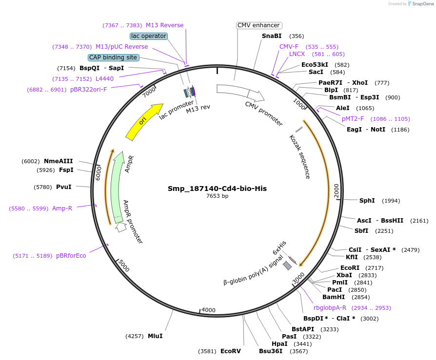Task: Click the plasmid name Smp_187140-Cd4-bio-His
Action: click(x=217, y=188)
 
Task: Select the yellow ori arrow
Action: click(x=144, y=121)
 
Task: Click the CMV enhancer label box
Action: click(x=259, y=25)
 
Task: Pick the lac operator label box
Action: click(x=149, y=36)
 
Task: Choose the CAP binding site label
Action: click(x=114, y=57)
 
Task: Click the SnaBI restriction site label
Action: click(x=271, y=36)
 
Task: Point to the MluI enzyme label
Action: click(x=155, y=336)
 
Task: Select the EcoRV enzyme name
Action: click(x=231, y=351)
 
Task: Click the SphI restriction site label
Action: click(x=367, y=200)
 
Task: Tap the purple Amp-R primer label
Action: click(x=62, y=208)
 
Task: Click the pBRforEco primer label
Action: click(x=71, y=256)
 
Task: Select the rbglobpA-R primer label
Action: click(x=330, y=307)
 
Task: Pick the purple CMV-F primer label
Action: click(x=289, y=46)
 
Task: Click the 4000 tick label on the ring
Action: click(x=208, y=310)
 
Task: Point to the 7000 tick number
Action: click(x=149, y=91)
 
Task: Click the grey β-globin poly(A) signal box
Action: click(x=287, y=265)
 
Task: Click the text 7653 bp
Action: click(x=217, y=196)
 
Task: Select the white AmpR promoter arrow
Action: click(x=120, y=227)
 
